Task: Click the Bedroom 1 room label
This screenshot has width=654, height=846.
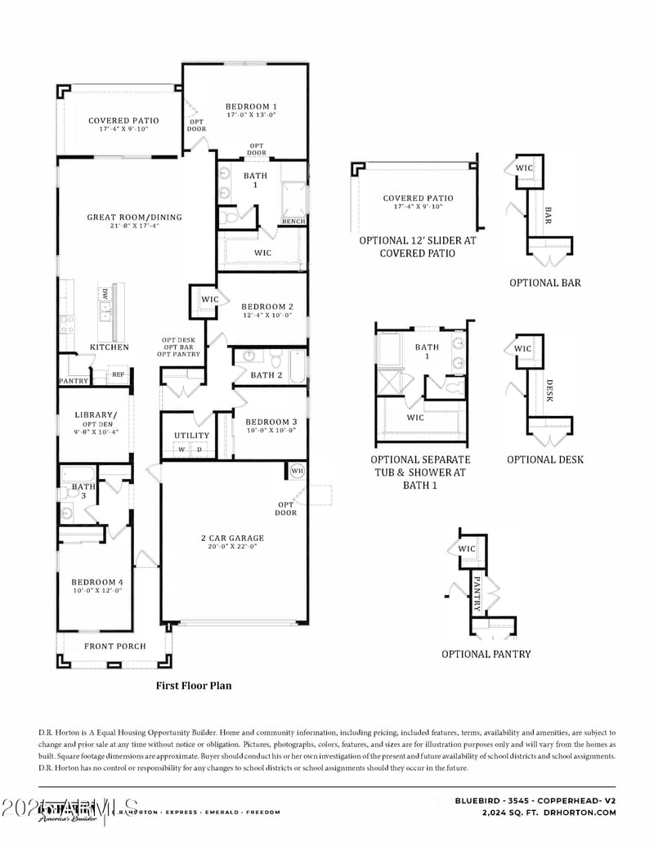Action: [251, 106]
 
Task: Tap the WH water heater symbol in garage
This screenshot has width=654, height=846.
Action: [296, 472]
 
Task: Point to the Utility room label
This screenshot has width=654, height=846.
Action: [191, 436]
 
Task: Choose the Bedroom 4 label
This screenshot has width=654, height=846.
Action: [97, 581]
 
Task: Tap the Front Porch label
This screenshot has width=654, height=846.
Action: [115, 646]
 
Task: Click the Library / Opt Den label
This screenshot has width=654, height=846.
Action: [96, 414]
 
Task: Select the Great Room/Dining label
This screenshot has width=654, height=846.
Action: [135, 217]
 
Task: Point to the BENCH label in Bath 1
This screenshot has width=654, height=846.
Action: [293, 222]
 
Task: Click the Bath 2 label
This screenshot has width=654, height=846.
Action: [267, 375]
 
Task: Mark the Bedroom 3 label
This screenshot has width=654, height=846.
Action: [271, 422]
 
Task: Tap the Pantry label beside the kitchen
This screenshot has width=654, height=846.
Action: [74, 381]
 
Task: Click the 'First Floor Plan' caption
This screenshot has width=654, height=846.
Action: [194, 686]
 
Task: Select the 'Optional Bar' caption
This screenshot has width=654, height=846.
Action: [545, 283]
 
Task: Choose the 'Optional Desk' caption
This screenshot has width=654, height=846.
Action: [545, 459]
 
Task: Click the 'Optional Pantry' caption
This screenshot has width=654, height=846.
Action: [486, 654]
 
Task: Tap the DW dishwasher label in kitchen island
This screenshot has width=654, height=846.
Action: [105, 293]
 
